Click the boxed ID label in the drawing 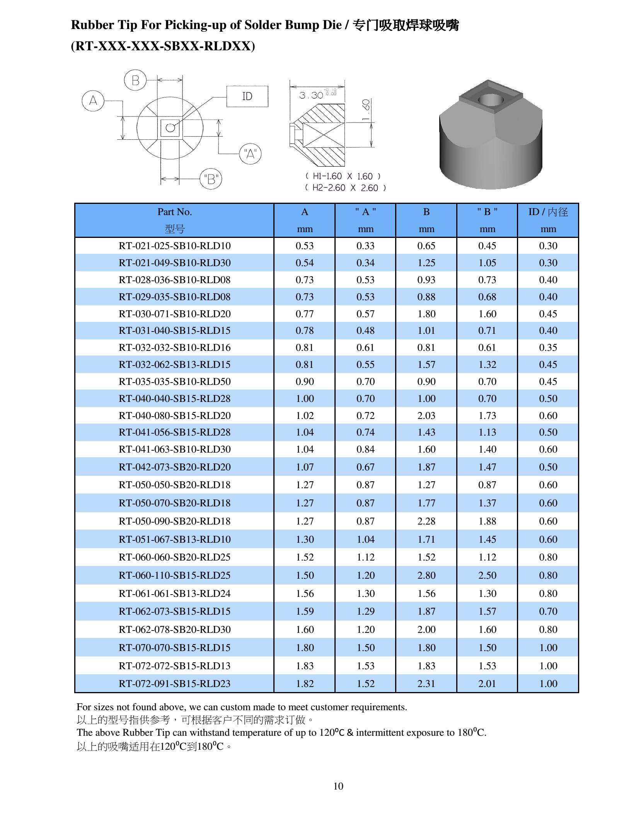tap(247, 96)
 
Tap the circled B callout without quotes tap(135, 80)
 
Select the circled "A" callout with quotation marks tap(251, 154)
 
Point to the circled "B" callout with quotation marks tap(211, 179)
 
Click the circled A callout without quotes tap(93, 101)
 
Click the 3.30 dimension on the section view tap(311, 95)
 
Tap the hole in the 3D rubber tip tap(490, 100)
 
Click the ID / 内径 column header tap(548, 212)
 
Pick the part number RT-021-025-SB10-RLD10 tap(175, 246)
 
